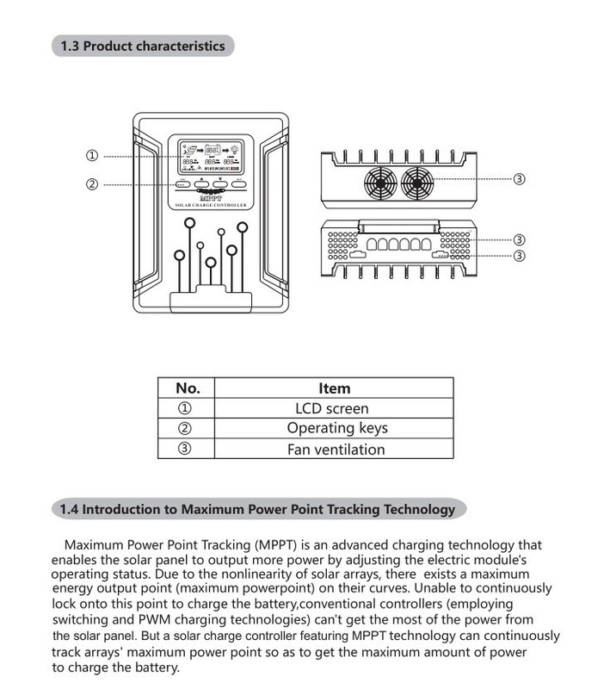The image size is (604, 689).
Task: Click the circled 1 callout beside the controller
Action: pos(92,156)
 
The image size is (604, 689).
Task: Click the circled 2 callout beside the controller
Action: pos(92,183)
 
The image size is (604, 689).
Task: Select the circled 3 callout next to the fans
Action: pos(519,180)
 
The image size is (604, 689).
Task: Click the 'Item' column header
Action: pos(335,388)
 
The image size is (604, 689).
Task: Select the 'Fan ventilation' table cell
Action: pos(335,449)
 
